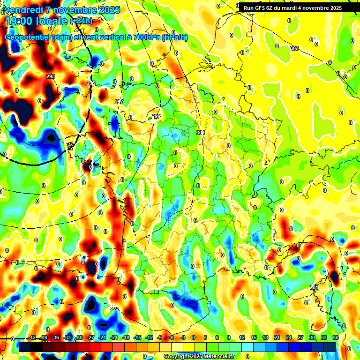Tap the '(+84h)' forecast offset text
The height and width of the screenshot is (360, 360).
click(81, 21)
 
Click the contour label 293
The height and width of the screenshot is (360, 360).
click(51, 76)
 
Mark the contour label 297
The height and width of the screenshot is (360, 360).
click(119, 102)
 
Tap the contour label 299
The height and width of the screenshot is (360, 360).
click(156, 116)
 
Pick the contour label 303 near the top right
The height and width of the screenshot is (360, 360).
click(294, 48)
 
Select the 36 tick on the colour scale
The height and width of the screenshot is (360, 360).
click(336, 337)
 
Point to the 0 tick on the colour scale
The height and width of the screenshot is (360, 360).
click(193, 337)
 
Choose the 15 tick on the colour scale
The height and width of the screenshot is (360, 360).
click(254, 337)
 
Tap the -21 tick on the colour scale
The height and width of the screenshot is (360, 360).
click(114, 337)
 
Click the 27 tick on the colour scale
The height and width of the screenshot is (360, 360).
click(300, 337)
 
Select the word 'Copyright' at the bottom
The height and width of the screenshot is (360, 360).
click(177, 357)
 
